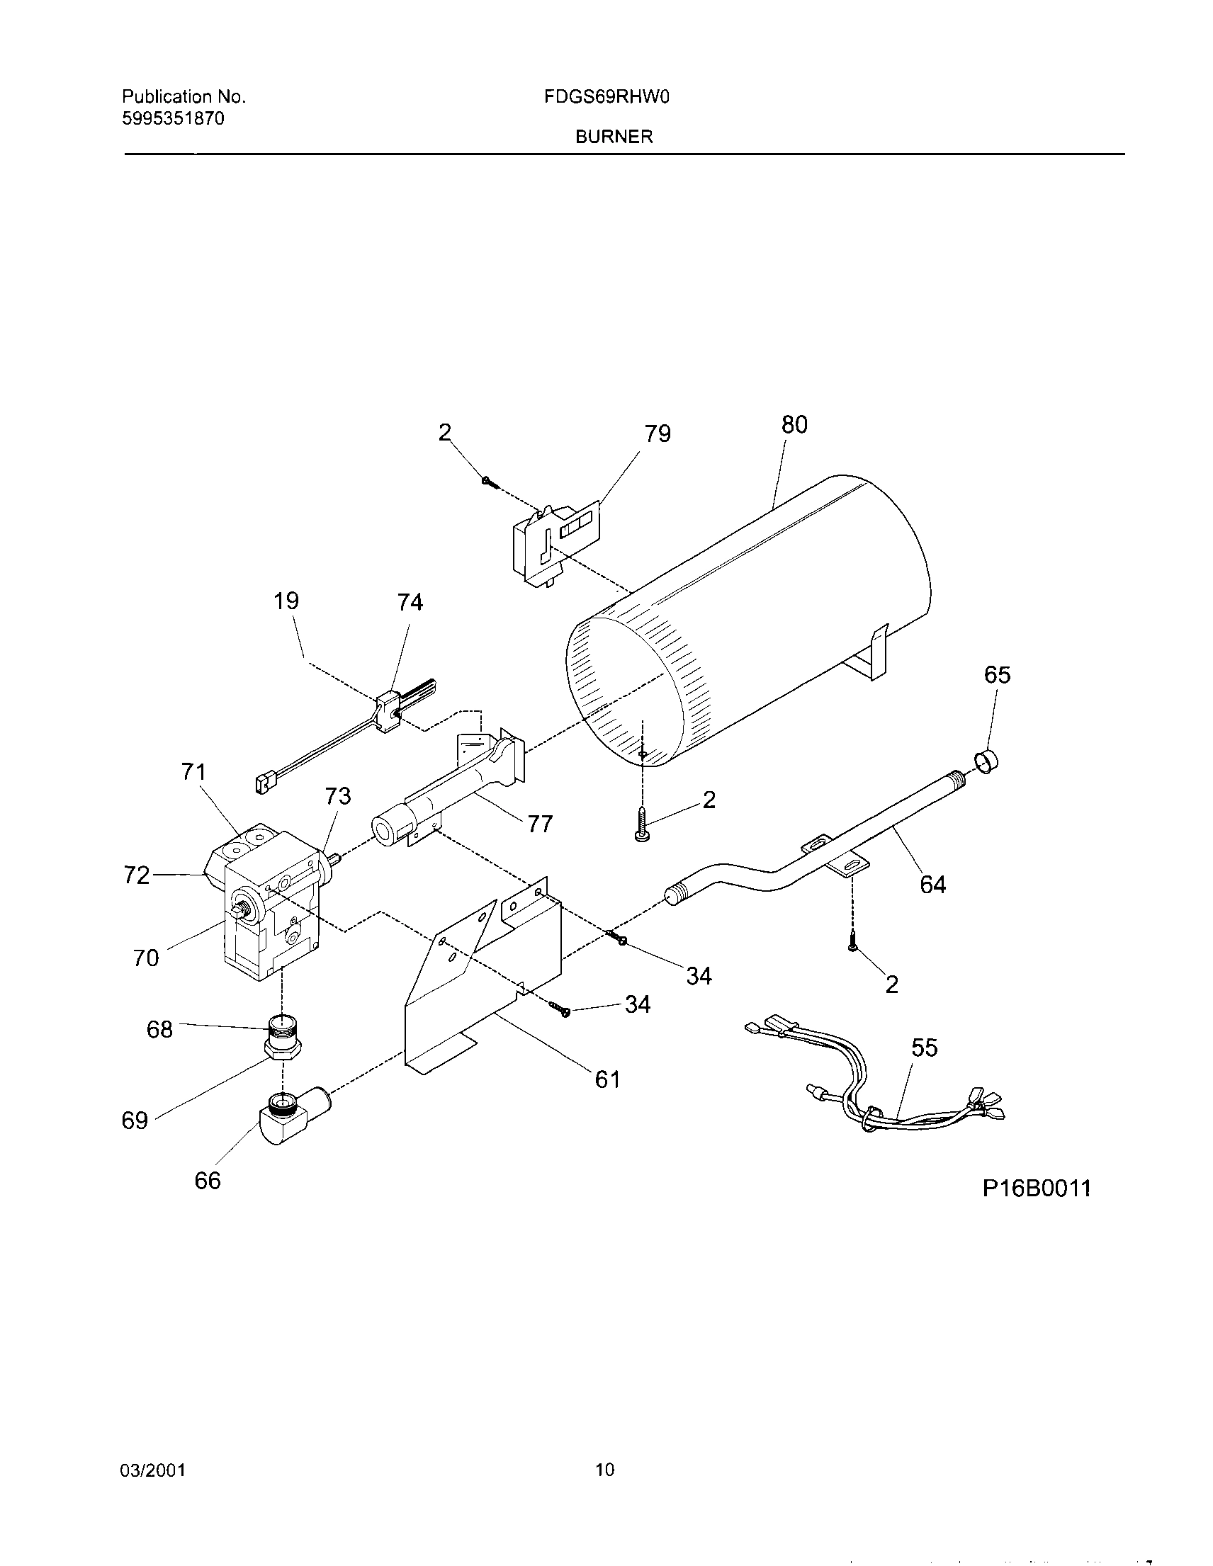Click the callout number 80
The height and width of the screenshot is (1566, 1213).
(x=794, y=425)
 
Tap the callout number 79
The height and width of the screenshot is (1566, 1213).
(x=657, y=433)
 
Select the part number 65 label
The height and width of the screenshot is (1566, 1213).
(x=997, y=675)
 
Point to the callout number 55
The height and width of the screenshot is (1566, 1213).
(x=925, y=1048)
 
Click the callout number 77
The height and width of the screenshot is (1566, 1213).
(x=539, y=824)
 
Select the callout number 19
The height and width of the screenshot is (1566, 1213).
(x=286, y=601)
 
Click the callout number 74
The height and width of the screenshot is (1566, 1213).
(x=410, y=602)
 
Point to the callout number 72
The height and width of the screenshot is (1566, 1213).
(x=136, y=875)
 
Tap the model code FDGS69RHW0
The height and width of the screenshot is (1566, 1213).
(x=606, y=98)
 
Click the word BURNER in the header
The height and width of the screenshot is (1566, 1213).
(x=614, y=137)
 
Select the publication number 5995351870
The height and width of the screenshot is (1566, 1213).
(x=173, y=119)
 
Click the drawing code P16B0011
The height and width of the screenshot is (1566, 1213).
(x=1037, y=1188)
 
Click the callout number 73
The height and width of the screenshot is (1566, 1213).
(x=338, y=796)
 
